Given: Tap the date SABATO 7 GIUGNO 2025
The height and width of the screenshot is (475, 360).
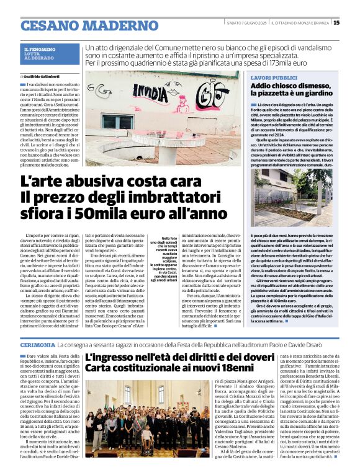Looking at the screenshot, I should [x=246, y=22].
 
